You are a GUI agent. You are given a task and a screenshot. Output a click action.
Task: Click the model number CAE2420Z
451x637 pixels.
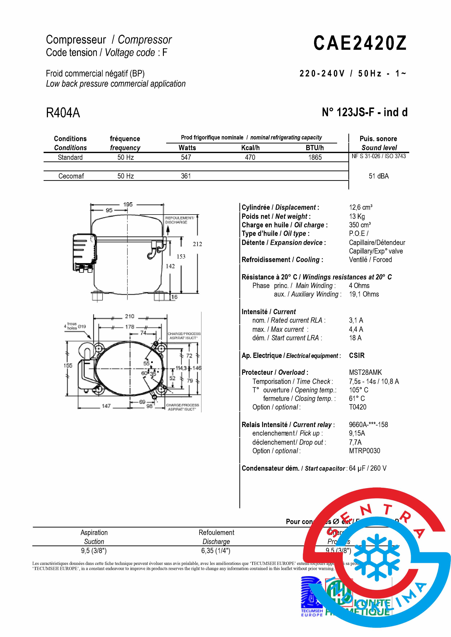[360, 43]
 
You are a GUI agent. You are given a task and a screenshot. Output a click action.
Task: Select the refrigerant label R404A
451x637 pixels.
[63, 113]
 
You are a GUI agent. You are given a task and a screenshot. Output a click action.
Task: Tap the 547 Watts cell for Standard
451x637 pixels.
[186, 157]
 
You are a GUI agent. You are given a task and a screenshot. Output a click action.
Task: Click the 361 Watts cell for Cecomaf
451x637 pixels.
[186, 176]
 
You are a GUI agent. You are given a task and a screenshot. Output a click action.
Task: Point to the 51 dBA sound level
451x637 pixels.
[379, 176]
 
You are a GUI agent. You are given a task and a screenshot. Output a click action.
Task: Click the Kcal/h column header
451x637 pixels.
[250, 148]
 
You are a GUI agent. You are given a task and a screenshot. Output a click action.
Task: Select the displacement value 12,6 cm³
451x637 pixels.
[361, 207]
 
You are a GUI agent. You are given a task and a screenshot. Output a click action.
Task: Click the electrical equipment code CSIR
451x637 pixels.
[357, 355]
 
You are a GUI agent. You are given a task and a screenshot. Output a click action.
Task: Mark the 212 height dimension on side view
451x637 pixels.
[197, 244]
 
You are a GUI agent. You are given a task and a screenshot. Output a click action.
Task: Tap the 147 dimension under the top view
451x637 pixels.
[106, 406]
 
